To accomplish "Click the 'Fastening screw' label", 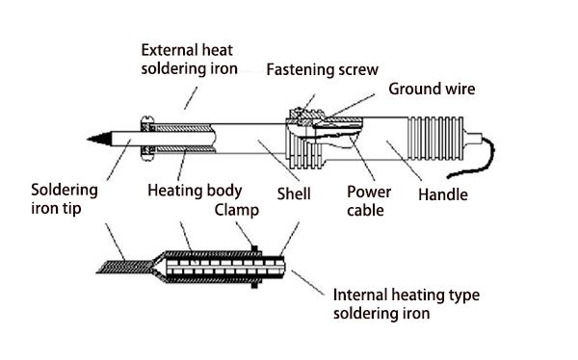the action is pyautogui.click(x=322, y=69).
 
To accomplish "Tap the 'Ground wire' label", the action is pyautogui.click(x=432, y=89).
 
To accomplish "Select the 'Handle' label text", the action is pyautogui.click(x=443, y=194).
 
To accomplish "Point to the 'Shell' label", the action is pyautogui.click(x=294, y=193).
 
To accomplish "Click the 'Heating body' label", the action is pyautogui.click(x=195, y=191).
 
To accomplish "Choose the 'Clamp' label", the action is pyautogui.click(x=237, y=210).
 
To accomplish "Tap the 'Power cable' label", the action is pyautogui.click(x=369, y=201).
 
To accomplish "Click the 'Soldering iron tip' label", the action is pyautogui.click(x=65, y=199).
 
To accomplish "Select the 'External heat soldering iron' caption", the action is pyautogui.click(x=189, y=60).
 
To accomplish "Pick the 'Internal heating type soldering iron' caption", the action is pyautogui.click(x=407, y=304).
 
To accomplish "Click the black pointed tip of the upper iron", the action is pyautogui.click(x=99, y=139).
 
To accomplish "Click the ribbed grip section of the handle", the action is pyautogui.click(x=435, y=139).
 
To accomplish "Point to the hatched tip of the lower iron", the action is pyautogui.click(x=124, y=267).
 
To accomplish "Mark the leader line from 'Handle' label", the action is pyautogui.click(x=404, y=161).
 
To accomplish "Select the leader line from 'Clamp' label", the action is pyautogui.click(x=245, y=234).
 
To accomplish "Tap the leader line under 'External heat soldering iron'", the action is pyautogui.click(x=191, y=98).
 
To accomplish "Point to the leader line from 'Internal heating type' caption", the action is pyautogui.click(x=308, y=283).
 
